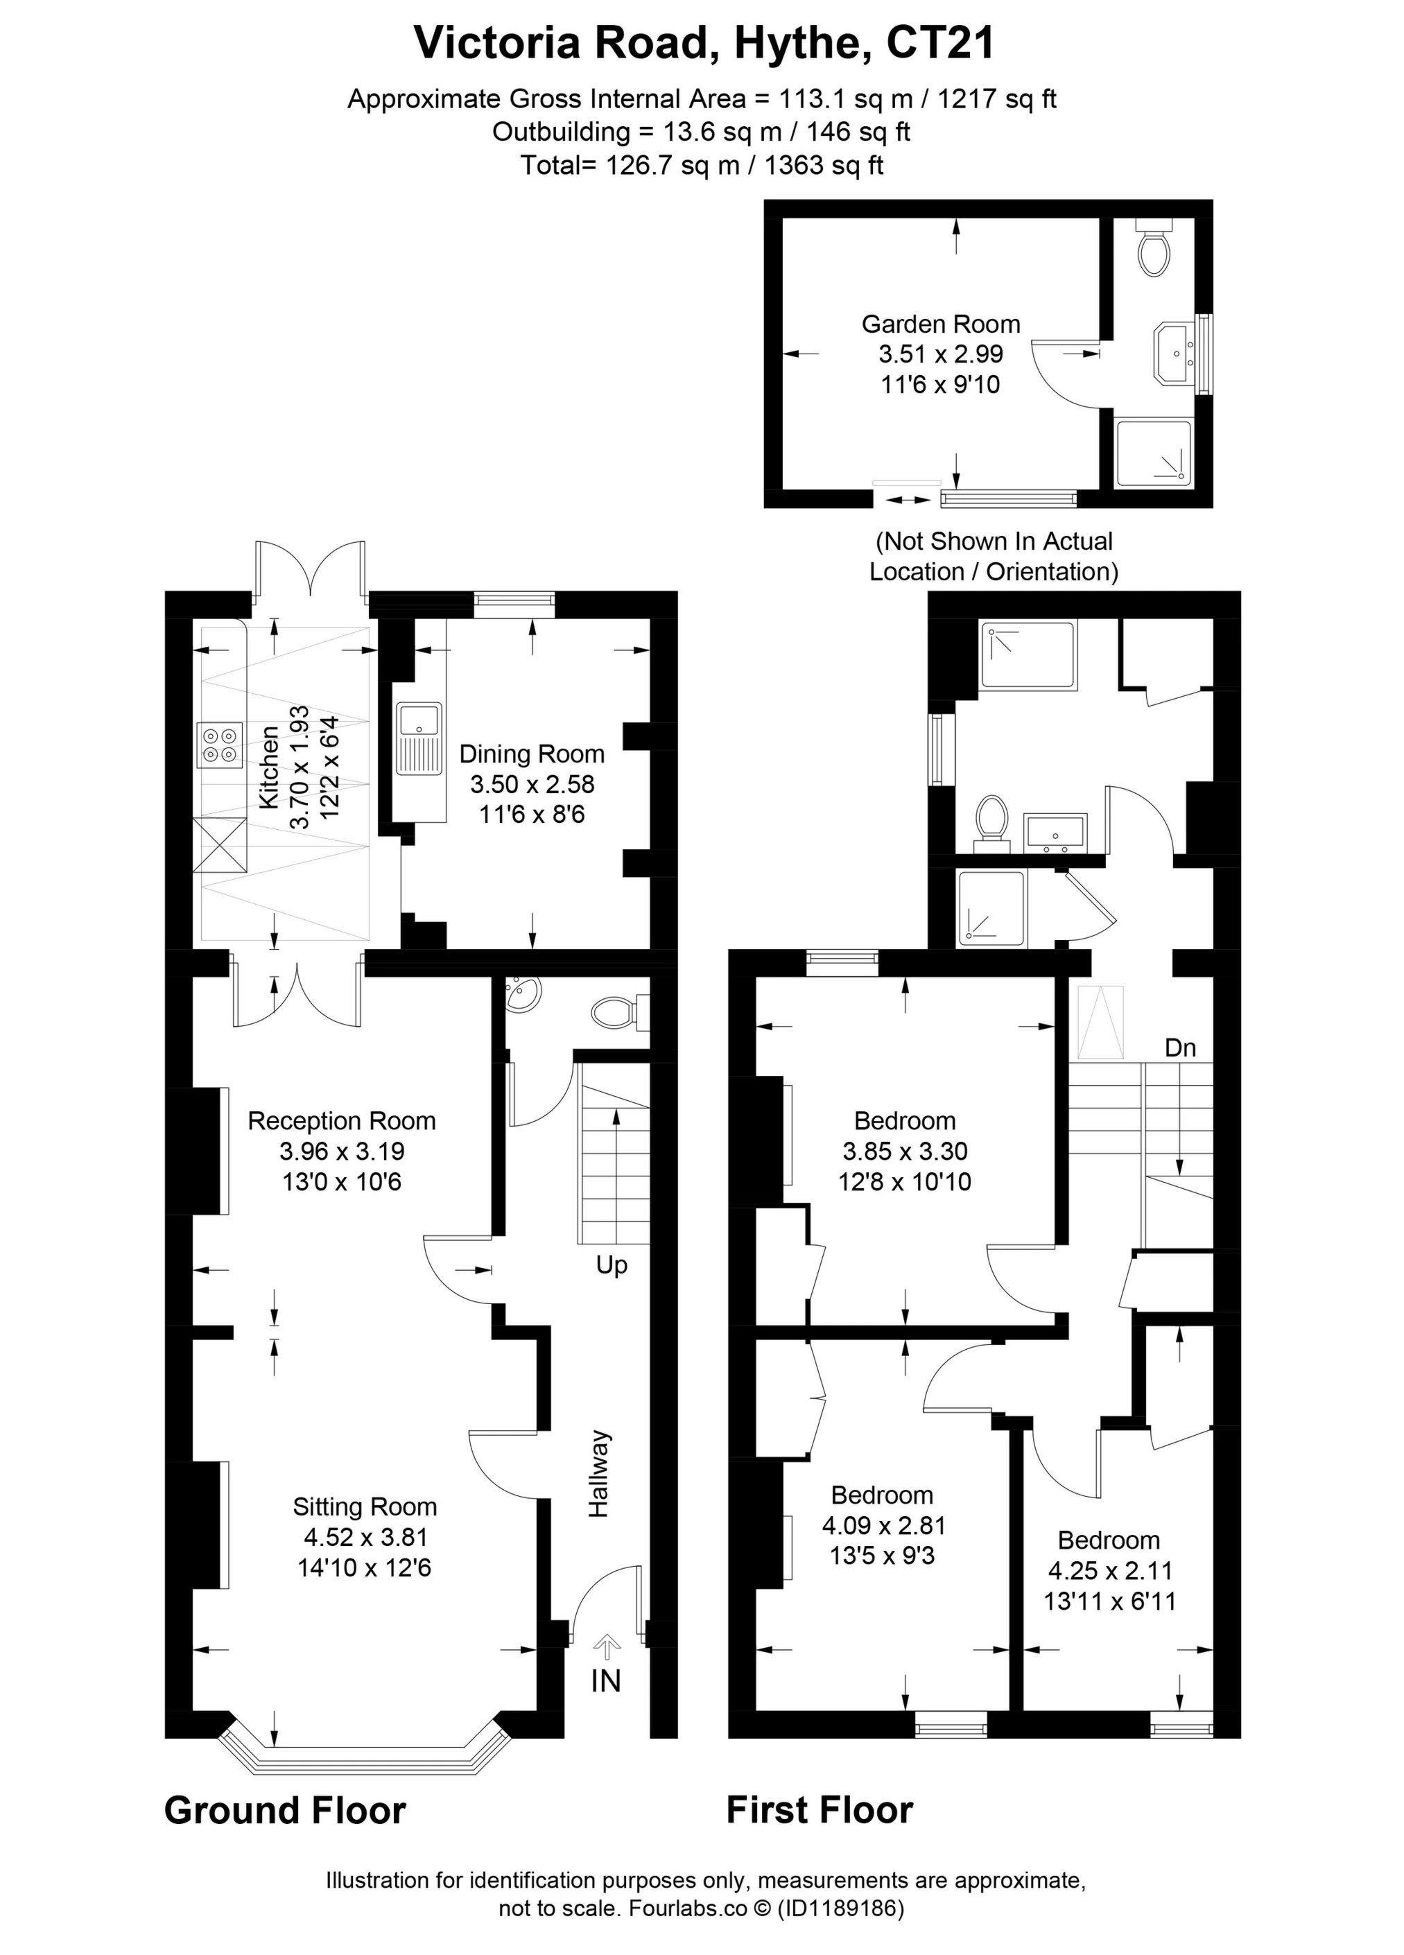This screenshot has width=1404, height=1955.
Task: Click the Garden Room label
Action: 940,324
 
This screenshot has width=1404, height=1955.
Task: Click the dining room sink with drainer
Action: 419,738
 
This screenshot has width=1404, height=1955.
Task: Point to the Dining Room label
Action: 531,754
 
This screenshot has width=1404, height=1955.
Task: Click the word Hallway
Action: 598,1474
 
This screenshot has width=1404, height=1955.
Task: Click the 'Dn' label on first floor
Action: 1180,1048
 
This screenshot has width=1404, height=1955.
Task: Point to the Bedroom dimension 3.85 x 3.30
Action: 904,1152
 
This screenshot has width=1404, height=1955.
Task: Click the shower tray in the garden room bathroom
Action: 1152,453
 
